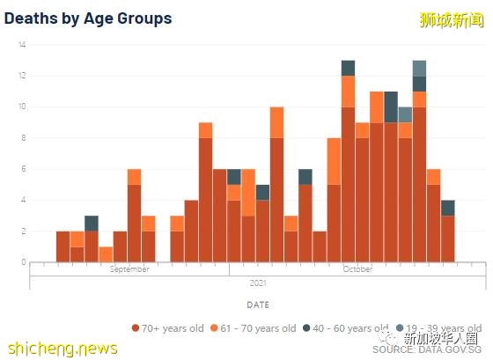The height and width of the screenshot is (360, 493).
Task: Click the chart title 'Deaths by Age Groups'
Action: click(x=89, y=18)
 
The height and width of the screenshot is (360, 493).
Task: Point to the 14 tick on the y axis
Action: click(x=22, y=45)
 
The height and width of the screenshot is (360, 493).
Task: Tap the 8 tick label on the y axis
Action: click(x=22, y=138)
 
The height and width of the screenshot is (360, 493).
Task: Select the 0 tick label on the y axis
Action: click(x=22, y=262)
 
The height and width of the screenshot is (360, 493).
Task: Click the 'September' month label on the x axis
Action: click(x=129, y=269)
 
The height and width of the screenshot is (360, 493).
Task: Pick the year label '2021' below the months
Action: click(x=258, y=283)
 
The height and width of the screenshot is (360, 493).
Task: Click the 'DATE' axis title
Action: click(x=258, y=305)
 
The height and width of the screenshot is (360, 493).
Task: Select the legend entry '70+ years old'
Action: click(x=167, y=328)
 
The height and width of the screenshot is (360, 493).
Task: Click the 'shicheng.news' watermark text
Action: click(x=60, y=349)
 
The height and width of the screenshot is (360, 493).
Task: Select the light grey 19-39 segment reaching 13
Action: click(x=420, y=68)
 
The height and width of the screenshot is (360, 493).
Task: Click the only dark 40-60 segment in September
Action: click(x=92, y=223)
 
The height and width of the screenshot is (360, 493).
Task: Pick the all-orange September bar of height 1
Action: click(x=106, y=253)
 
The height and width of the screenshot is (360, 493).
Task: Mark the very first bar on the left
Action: click(x=63, y=246)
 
